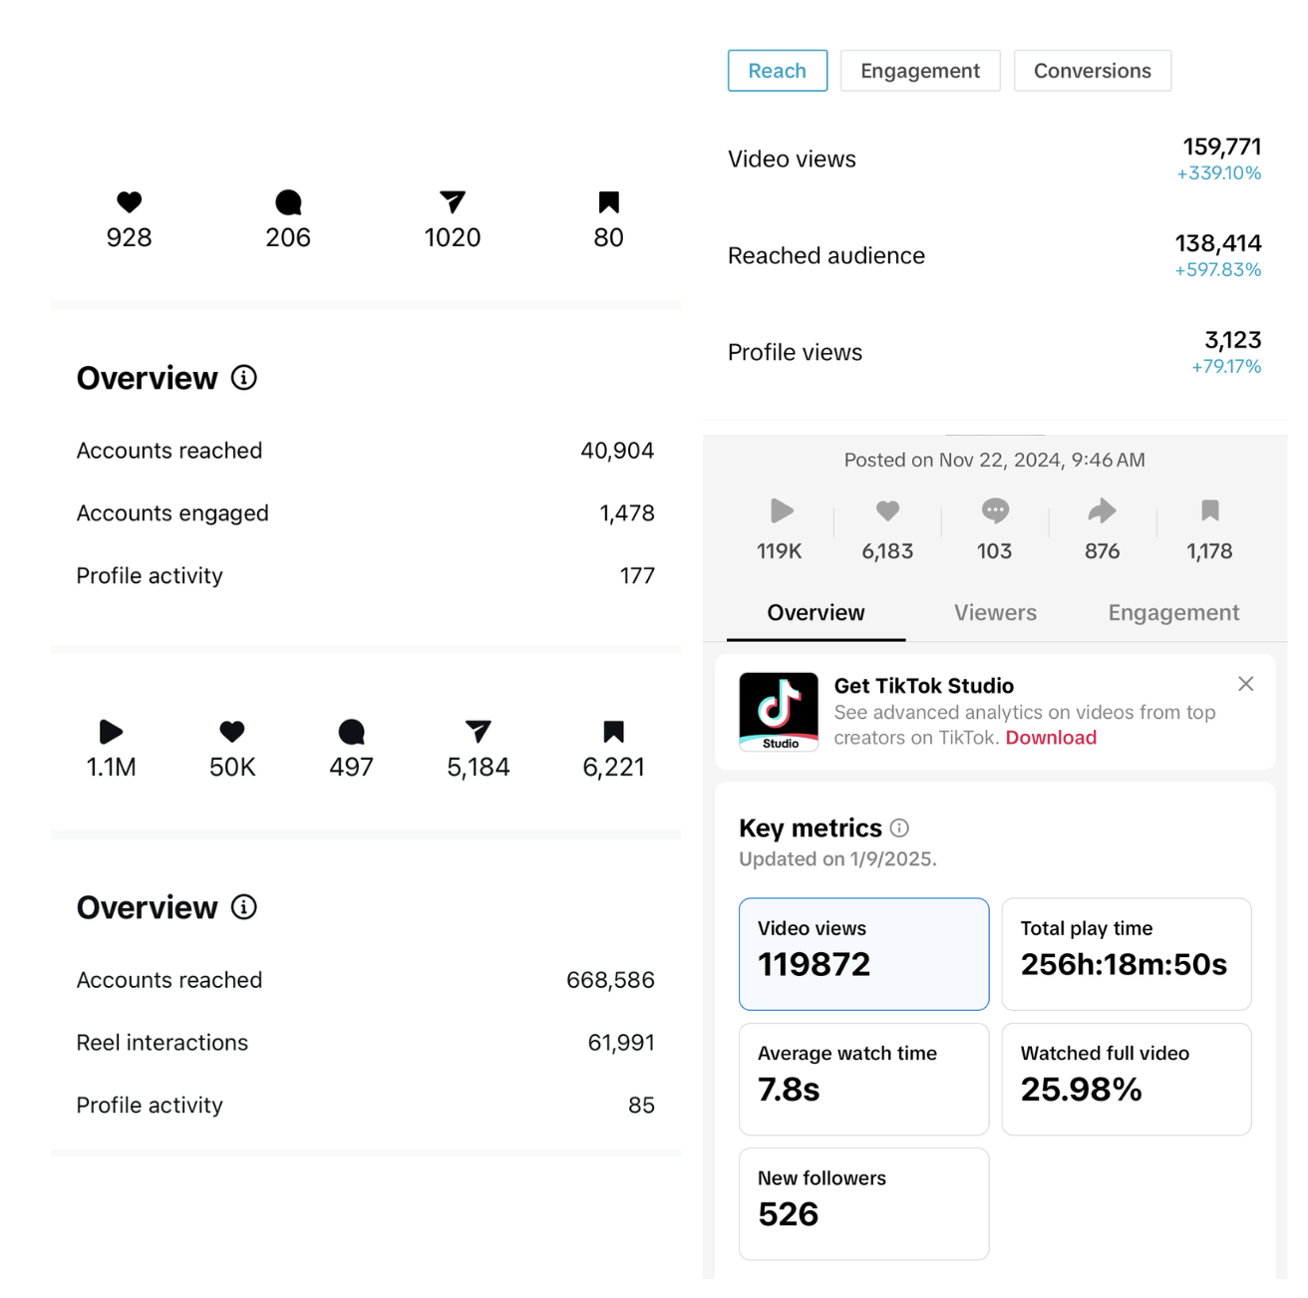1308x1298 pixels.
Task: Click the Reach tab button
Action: [x=777, y=71]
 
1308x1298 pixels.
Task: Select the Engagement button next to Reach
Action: [x=919, y=71]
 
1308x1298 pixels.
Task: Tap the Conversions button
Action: [x=1092, y=71]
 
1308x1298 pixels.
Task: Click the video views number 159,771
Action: [x=1221, y=147]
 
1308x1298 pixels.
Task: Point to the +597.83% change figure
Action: [x=1217, y=270]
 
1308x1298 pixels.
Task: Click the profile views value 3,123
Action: [x=1232, y=340]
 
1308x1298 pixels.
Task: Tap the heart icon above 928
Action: [x=130, y=202]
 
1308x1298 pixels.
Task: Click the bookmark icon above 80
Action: [x=608, y=202]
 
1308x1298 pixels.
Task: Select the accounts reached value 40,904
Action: [x=617, y=451]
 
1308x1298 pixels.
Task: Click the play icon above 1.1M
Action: [x=111, y=732]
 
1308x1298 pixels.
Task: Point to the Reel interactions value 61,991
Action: [x=621, y=1043]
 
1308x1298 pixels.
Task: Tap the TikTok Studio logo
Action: [x=779, y=711]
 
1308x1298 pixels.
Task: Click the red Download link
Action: [x=1051, y=738]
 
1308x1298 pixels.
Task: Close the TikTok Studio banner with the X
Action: [x=1245, y=684]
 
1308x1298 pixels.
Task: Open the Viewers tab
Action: [x=995, y=613]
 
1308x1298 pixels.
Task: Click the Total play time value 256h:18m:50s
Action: [x=1124, y=964]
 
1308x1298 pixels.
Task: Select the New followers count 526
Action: [x=788, y=1214]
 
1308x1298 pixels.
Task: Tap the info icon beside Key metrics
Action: [x=899, y=827]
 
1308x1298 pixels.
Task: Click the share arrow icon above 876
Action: [x=1102, y=511]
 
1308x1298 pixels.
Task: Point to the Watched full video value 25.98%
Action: [x=1081, y=1090]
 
